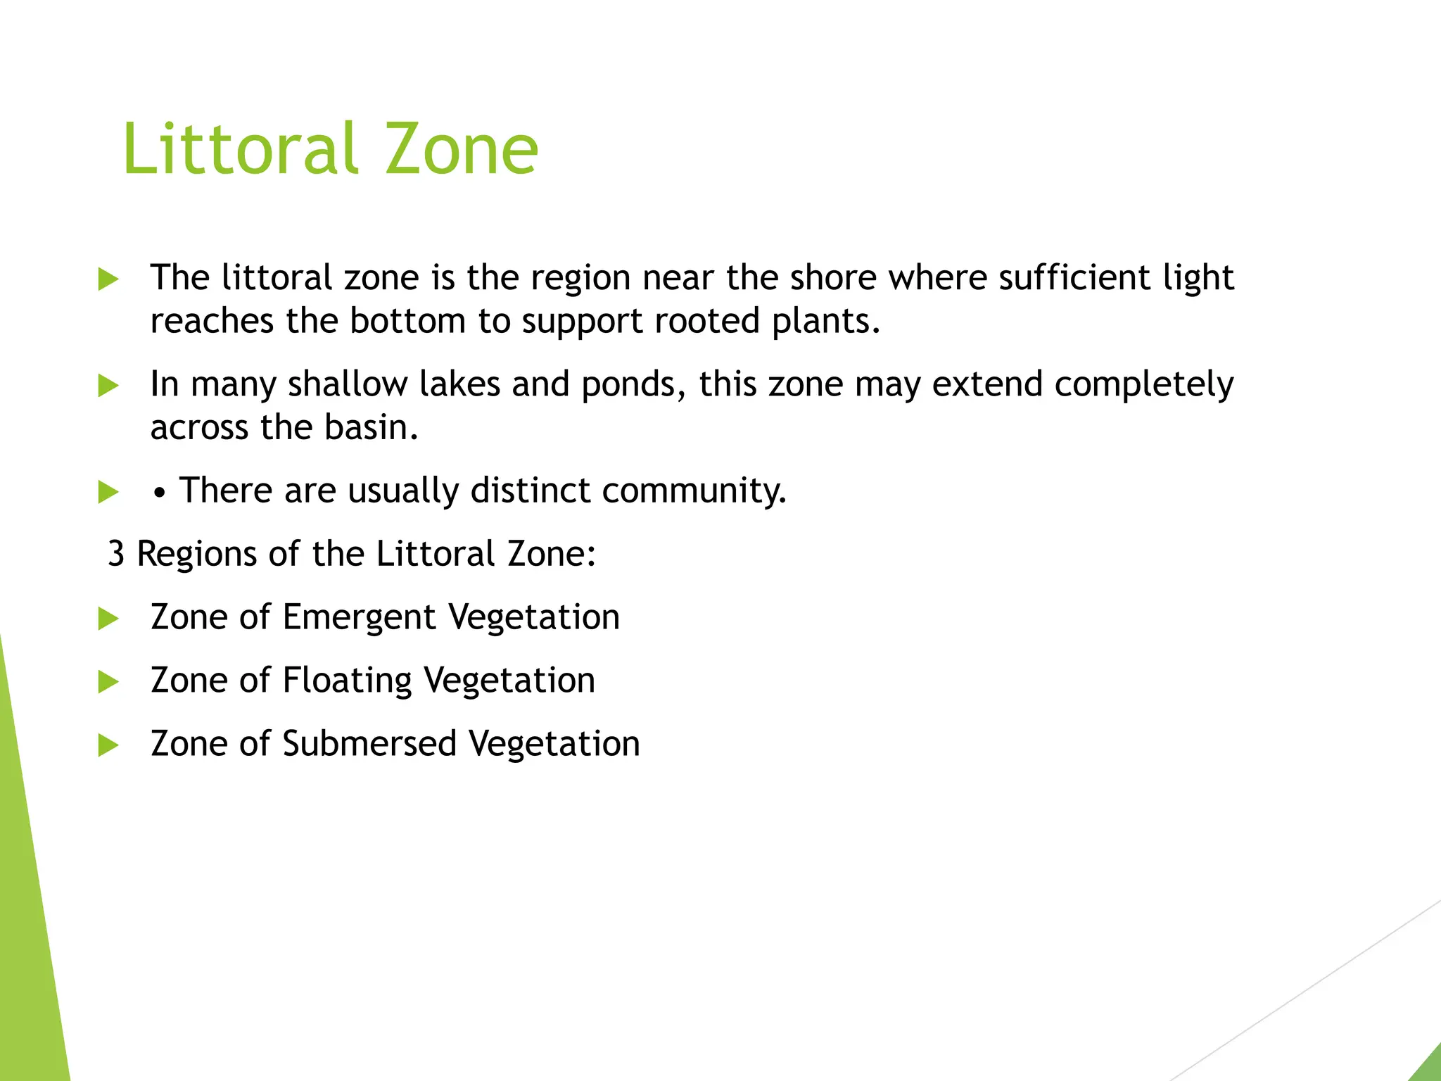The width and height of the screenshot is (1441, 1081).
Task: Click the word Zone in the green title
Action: tap(462, 149)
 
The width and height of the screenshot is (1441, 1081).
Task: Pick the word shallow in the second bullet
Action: tap(348, 384)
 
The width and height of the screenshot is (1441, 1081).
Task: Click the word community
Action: tap(694, 491)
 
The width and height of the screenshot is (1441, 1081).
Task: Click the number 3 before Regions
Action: tap(116, 554)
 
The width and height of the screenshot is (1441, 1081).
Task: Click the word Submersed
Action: tap(369, 744)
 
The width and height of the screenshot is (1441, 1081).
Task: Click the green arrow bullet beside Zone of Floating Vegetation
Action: tap(108, 681)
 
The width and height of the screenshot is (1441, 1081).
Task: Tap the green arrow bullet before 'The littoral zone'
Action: tap(108, 279)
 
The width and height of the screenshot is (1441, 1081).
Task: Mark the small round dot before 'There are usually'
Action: tap(161, 494)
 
